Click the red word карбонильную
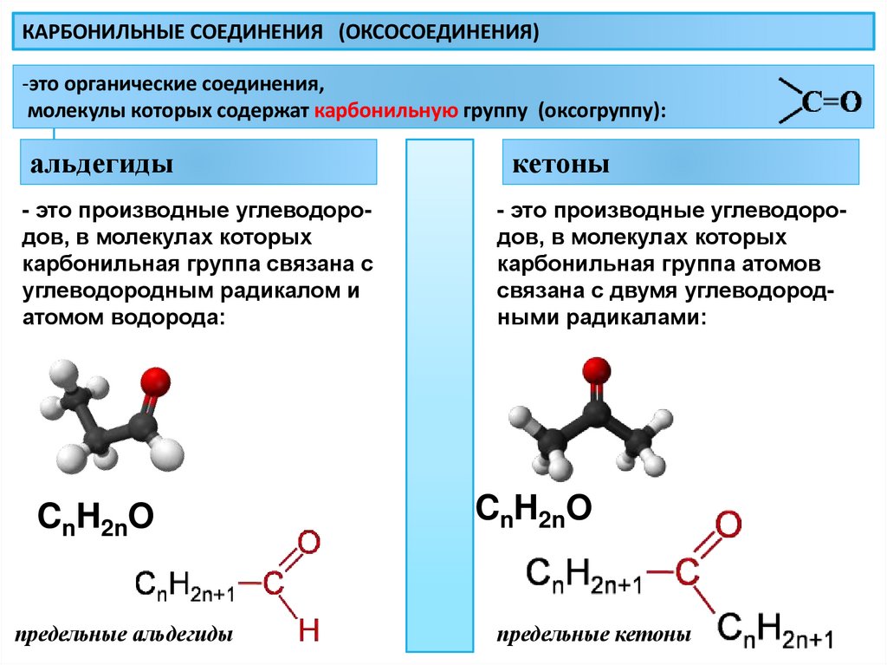tap(385, 112)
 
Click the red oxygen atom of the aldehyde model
tap(154, 380)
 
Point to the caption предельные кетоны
tap(593, 635)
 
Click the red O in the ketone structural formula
tap(727, 525)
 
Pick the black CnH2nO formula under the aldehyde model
tap(95, 518)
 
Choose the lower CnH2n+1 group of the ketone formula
tap(775, 629)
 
